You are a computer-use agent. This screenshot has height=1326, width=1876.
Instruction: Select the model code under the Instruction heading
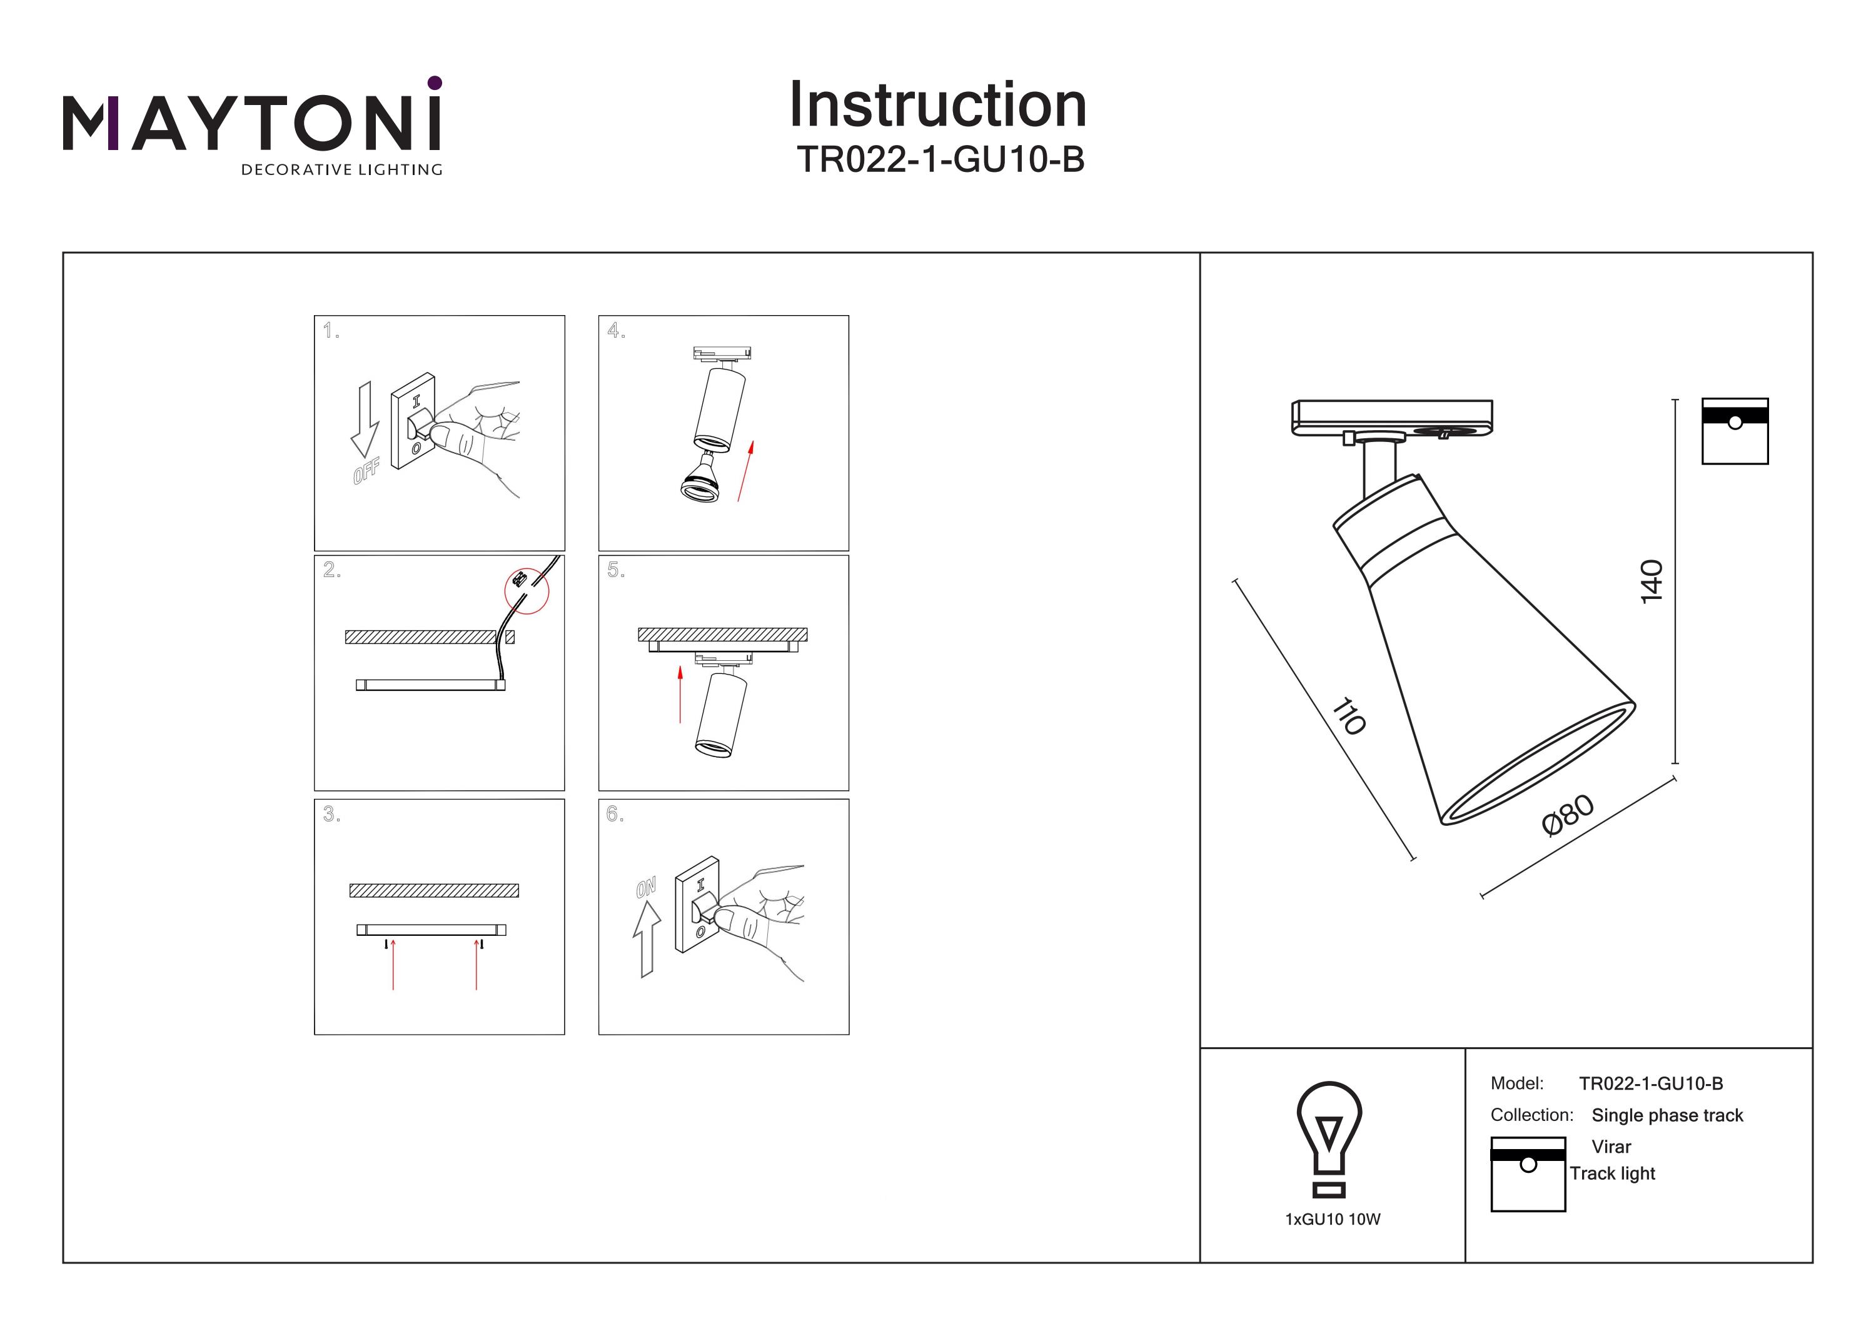(x=940, y=159)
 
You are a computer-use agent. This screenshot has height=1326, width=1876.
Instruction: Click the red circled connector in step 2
(x=526, y=590)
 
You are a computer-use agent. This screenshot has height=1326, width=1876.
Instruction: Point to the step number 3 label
(x=330, y=814)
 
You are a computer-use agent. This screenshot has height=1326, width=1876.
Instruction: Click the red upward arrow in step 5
(x=680, y=694)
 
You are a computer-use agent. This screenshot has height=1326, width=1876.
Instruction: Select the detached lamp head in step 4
(x=701, y=481)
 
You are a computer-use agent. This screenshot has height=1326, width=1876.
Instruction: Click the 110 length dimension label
(x=1349, y=716)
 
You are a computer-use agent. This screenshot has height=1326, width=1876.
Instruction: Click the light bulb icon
(x=1329, y=1138)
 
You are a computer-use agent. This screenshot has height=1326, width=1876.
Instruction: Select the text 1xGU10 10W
(x=1332, y=1219)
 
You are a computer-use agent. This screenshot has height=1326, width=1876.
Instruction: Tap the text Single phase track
(x=1667, y=1115)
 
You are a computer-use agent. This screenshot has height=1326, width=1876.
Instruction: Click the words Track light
(x=1612, y=1173)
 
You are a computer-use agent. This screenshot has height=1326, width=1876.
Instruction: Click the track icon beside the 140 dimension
(x=1735, y=431)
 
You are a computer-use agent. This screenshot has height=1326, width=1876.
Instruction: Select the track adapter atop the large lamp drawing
(x=1391, y=418)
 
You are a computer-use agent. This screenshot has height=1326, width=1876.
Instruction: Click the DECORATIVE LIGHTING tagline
(x=341, y=170)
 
